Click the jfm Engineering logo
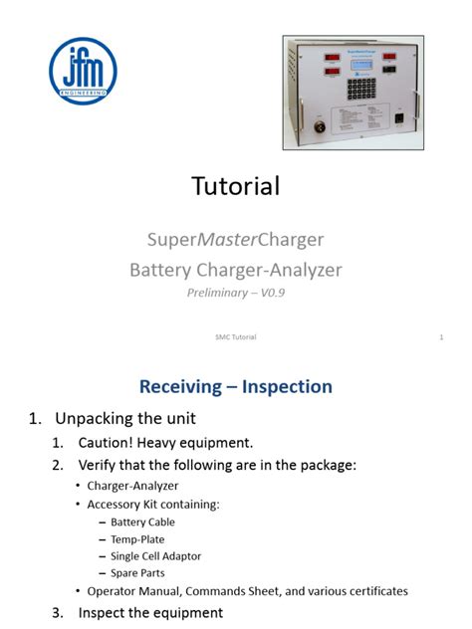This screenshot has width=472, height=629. coord(83,71)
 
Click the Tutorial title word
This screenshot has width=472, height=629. coord(235,185)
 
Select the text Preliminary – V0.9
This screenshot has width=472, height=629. coord(236,293)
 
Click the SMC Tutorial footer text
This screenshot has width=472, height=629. coord(235,337)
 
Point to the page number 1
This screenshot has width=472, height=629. coord(440,337)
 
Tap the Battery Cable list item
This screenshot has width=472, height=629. coord(142,522)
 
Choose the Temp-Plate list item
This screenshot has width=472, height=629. coord(137,538)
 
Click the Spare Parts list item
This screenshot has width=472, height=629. coord(137,572)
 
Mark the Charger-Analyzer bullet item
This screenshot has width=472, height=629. coord(132,486)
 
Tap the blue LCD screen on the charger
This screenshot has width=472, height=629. coord(359,63)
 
